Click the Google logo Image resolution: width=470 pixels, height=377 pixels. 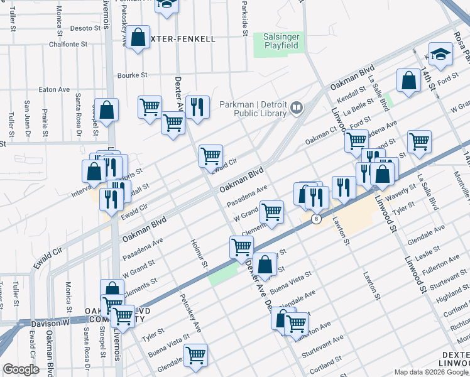[21, 369]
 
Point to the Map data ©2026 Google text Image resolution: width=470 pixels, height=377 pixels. [430, 373]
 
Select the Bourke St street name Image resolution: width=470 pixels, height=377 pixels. [133, 75]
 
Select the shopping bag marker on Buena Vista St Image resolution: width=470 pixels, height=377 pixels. [265, 265]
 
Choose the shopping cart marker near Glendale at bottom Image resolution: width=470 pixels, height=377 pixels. [196, 355]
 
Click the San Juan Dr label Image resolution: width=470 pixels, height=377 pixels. [27, 116]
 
